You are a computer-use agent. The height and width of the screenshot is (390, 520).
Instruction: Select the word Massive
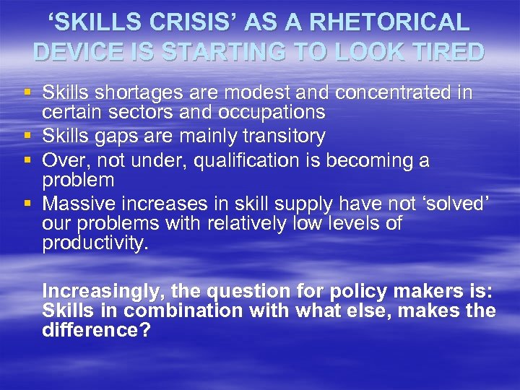75,203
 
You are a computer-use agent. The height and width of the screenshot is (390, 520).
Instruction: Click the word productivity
95,243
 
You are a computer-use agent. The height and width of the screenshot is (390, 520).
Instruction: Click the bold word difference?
92,331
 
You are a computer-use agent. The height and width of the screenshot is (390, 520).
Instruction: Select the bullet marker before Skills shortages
28,93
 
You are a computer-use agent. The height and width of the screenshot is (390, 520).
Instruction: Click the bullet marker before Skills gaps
28,136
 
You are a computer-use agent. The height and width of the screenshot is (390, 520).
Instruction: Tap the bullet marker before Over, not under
28,160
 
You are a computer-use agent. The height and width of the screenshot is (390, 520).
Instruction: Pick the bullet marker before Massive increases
28,203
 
